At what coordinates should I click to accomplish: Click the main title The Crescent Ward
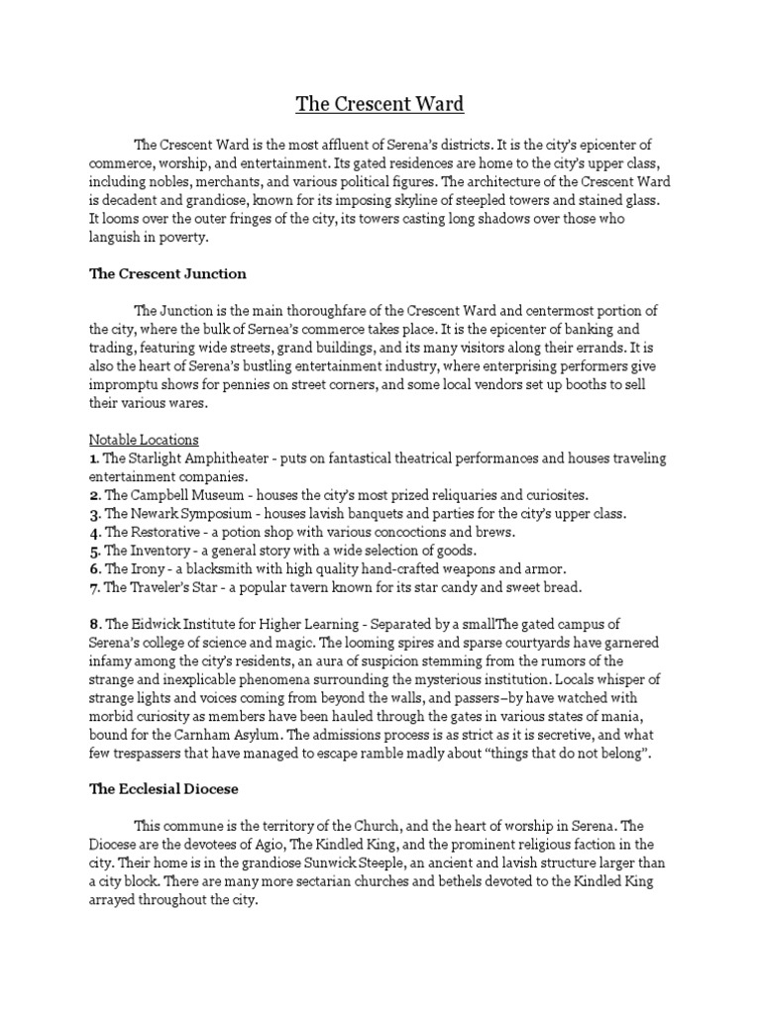(380, 103)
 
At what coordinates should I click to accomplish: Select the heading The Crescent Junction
(167, 273)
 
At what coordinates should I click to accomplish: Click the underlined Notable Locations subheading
(144, 439)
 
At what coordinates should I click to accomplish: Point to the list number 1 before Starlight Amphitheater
(92, 457)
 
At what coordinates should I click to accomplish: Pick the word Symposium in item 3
(219, 513)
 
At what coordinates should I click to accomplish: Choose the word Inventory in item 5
(164, 550)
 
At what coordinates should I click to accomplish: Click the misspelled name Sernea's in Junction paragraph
(284, 329)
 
